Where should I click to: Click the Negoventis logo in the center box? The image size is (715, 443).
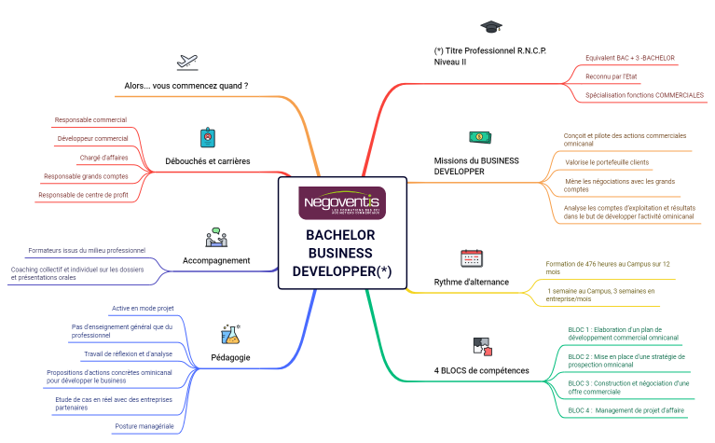(x=342, y=202)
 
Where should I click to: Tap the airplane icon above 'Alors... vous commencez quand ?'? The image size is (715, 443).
(x=187, y=62)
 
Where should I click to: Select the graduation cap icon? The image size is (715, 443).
(x=490, y=26)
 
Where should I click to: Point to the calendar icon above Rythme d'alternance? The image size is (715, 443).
(x=472, y=258)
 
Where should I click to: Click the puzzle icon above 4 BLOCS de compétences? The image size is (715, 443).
(x=481, y=348)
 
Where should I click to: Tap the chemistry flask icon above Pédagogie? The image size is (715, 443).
(x=229, y=333)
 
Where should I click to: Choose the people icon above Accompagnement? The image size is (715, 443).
(x=216, y=237)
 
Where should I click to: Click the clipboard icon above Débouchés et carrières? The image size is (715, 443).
(x=208, y=138)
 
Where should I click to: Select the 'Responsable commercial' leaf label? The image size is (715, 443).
(x=90, y=119)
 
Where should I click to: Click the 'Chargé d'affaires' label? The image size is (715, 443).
(x=103, y=158)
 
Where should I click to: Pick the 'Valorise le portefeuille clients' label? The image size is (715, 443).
(x=607, y=162)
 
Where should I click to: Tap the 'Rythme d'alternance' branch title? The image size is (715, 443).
(x=472, y=282)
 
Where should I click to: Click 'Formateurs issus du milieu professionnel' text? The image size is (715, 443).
(x=87, y=250)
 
